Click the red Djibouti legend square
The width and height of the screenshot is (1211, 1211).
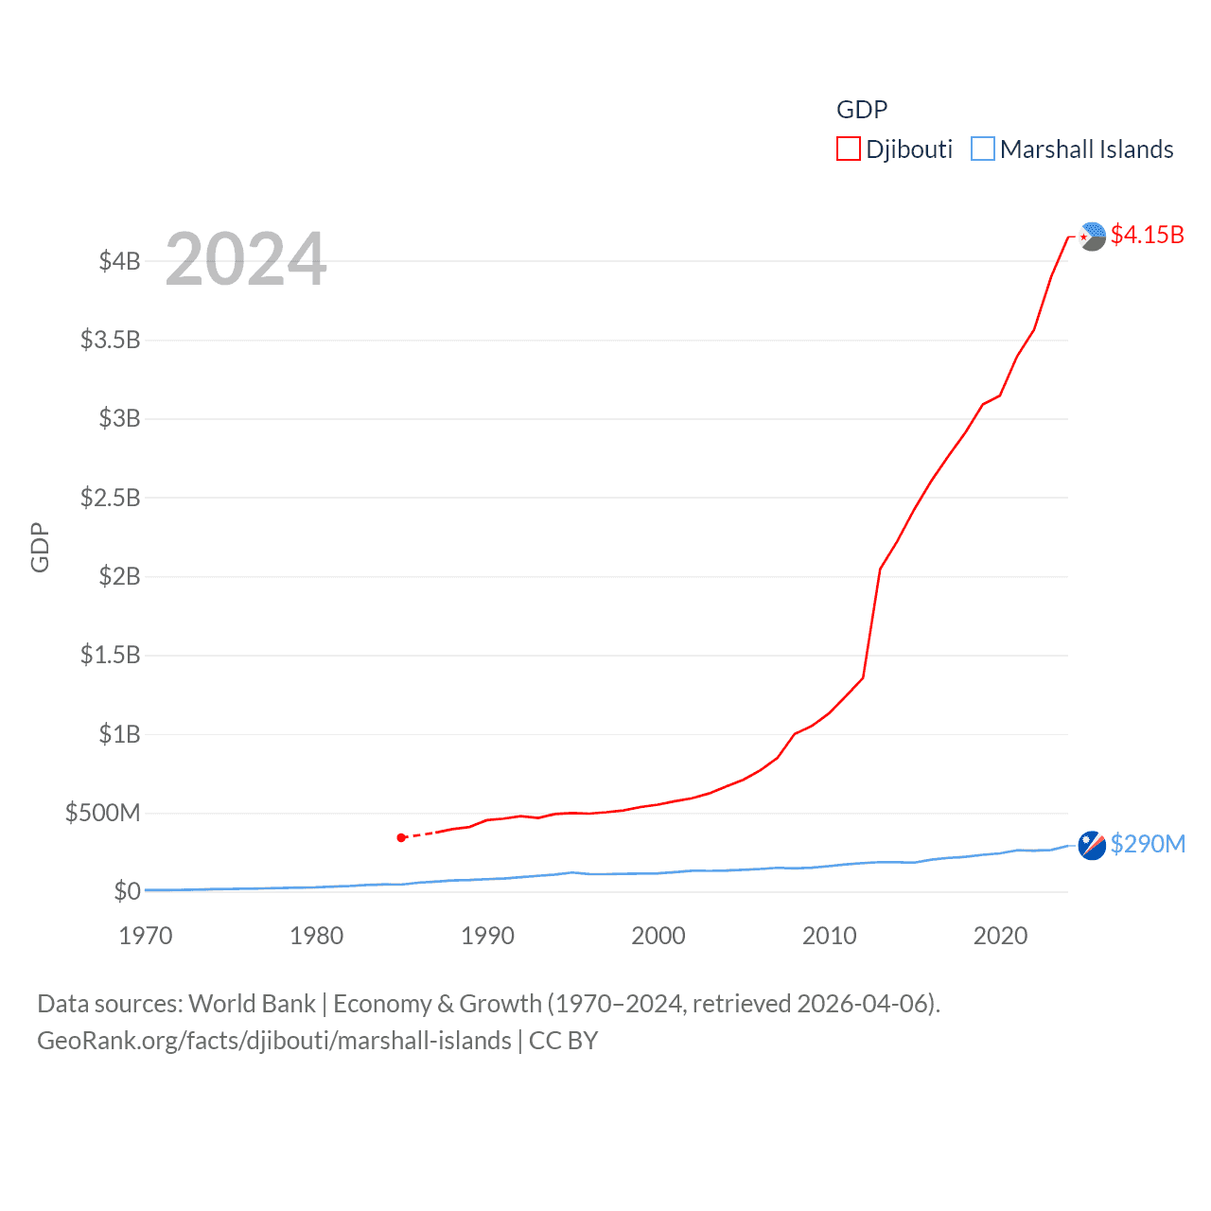pos(848,149)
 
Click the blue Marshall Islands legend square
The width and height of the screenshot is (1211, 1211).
pos(983,149)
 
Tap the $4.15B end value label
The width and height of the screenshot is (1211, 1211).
pos(1147,235)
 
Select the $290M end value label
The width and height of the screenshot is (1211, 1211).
pos(1148,844)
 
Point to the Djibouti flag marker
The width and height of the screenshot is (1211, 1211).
pos(1092,237)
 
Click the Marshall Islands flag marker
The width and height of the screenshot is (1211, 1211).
pos(1092,845)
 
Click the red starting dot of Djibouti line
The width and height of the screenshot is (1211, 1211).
pos(401,837)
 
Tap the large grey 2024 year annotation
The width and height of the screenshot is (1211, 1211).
pos(246,259)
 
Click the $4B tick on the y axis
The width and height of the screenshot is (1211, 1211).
pos(119,261)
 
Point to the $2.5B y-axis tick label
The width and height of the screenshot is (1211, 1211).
pos(110,498)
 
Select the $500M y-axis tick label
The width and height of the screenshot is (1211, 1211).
pos(102,813)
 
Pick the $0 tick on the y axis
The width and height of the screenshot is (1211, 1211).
pos(127,891)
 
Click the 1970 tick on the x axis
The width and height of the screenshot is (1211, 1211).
pos(146,936)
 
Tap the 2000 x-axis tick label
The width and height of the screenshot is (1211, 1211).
pos(658,936)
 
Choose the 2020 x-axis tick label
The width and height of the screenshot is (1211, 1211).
pos(1000,936)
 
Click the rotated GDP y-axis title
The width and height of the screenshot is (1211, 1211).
pos(40,547)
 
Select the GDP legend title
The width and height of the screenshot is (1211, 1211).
pos(862,110)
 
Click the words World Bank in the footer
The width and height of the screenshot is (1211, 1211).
pos(253,1003)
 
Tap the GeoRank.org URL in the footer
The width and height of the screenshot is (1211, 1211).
pos(273,1041)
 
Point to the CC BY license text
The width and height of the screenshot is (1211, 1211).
pos(563,1041)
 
